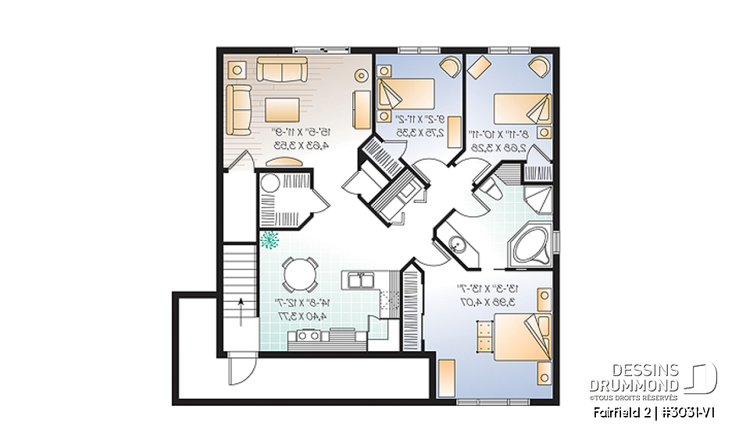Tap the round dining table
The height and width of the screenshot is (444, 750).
pyautogui.click(x=300, y=274)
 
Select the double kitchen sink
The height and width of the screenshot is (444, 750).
pyautogui.click(x=360, y=279)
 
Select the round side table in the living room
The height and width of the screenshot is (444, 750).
pyautogui.click(x=360, y=76)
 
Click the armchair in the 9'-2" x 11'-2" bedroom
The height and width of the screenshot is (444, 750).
pyautogui.click(x=448, y=66)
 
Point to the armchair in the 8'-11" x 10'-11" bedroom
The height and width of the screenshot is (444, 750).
pyautogui.click(x=537, y=66)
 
